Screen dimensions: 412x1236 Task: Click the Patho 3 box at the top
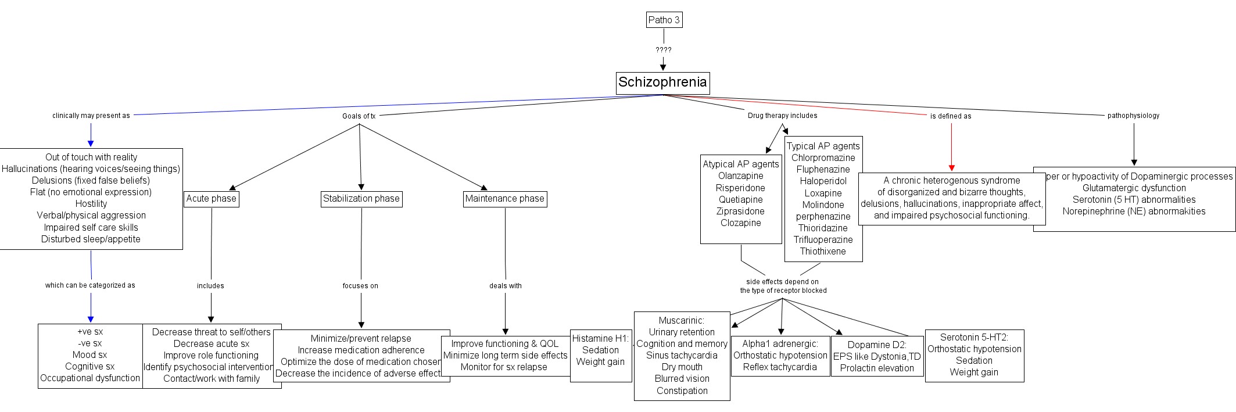click(x=664, y=20)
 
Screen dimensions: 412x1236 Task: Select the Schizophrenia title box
click(x=662, y=83)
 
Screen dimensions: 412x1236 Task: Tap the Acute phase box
click(x=212, y=199)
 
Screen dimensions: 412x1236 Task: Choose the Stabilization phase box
click(x=361, y=199)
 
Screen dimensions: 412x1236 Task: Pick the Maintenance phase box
click(x=505, y=199)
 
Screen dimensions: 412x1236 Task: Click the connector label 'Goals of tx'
click(x=359, y=116)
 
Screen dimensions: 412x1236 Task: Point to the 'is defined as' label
click(x=951, y=116)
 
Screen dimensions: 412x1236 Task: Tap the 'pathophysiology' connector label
click(x=1133, y=116)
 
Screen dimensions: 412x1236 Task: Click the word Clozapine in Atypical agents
click(x=741, y=223)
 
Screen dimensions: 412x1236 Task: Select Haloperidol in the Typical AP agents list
click(x=823, y=181)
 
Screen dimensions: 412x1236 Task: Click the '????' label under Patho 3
click(x=664, y=50)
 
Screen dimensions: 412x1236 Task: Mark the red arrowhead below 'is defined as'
click(x=951, y=168)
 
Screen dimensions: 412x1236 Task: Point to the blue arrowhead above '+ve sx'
click(x=91, y=319)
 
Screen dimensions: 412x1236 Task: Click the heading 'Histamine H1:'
click(x=600, y=338)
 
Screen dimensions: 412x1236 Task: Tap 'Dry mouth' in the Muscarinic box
click(x=682, y=367)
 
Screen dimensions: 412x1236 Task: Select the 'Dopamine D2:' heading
click(x=877, y=345)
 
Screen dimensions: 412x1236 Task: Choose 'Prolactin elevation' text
click(x=877, y=368)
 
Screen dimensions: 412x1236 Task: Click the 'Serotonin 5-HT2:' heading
click(x=975, y=337)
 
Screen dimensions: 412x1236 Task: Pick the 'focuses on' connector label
click(x=360, y=286)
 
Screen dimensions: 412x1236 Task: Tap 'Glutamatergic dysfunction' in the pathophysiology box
click(x=1134, y=188)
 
